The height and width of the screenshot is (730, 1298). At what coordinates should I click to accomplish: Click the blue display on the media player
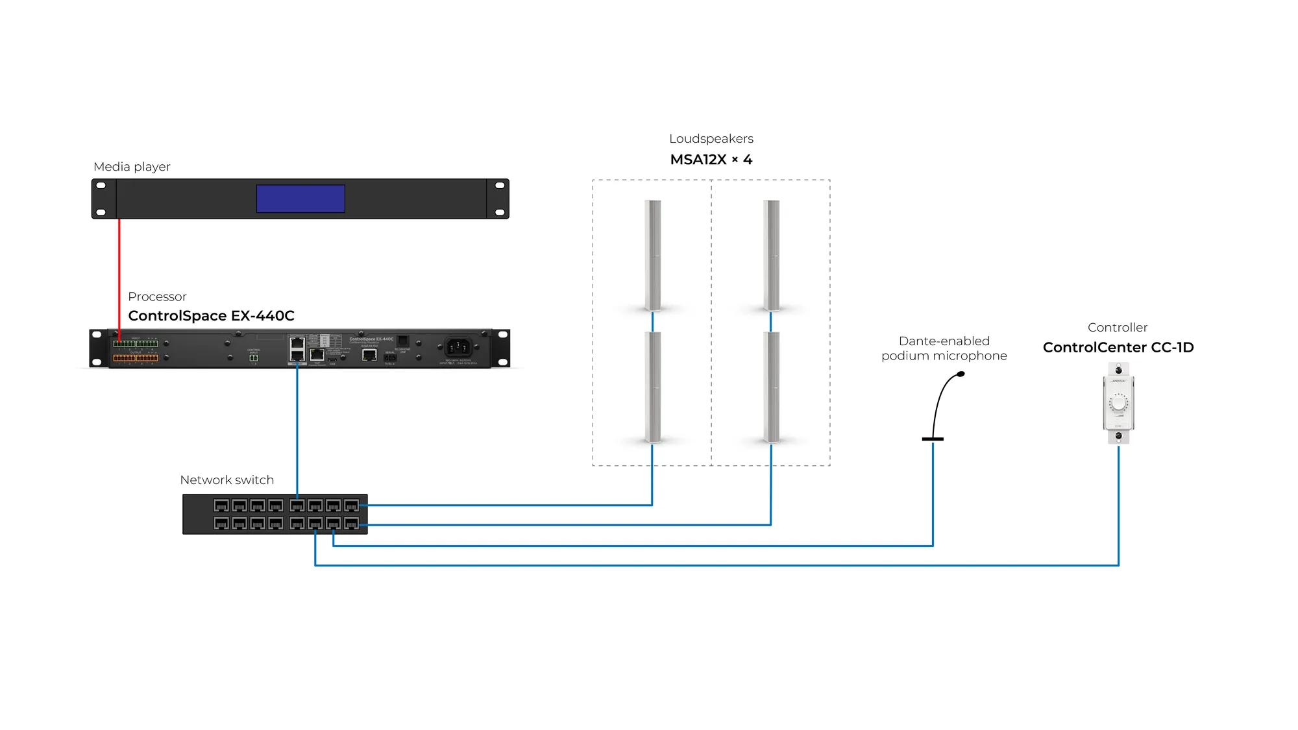point(300,199)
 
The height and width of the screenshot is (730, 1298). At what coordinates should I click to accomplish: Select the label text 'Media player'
point(132,167)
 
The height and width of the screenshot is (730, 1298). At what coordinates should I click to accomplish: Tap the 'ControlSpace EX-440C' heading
point(211,316)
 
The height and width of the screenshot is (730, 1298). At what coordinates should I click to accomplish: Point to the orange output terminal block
point(136,358)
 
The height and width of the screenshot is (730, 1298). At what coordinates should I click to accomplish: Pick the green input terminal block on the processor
point(136,343)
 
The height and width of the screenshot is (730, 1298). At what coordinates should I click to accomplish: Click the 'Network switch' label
point(227,480)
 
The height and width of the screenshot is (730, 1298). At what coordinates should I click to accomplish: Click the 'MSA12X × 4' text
point(711,160)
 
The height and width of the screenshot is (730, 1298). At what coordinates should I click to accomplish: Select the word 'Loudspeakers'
point(711,139)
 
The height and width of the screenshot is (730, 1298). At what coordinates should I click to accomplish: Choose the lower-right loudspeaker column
point(771,387)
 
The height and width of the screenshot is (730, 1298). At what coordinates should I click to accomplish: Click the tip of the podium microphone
point(961,374)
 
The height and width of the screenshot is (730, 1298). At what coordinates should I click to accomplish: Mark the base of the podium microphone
point(933,439)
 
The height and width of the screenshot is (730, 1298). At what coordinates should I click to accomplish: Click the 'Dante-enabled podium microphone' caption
point(944,348)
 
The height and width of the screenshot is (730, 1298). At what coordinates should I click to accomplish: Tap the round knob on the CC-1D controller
point(1118,404)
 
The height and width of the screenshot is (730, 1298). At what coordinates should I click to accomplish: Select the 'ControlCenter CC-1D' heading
point(1118,348)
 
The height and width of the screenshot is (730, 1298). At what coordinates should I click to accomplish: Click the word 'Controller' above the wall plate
point(1118,328)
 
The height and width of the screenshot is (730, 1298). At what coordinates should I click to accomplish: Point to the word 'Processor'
point(157,297)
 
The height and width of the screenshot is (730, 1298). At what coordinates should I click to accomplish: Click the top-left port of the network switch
point(221,505)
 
